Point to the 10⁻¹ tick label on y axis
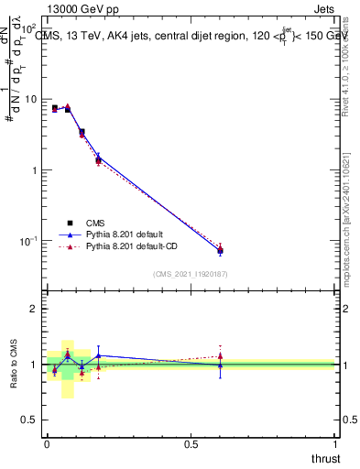(x=27, y=241)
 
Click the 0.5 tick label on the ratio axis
(x=29, y=420)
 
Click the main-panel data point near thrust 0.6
(x=220, y=250)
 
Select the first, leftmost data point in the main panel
(x=55, y=108)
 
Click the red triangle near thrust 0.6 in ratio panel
(x=220, y=356)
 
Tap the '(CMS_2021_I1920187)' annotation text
(x=191, y=274)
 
